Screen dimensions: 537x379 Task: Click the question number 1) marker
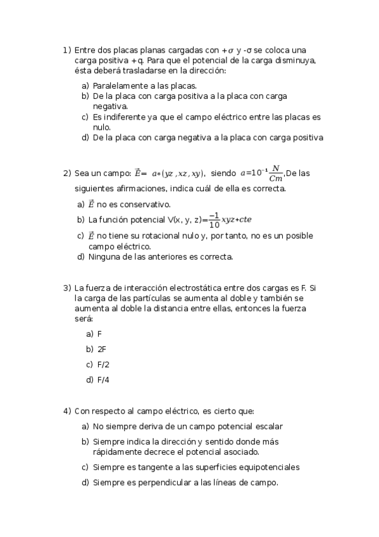coord(66,50)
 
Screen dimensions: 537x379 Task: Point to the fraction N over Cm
coord(275,173)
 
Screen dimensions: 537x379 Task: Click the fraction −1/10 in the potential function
coord(214,220)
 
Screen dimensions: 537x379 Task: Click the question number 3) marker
coord(66,288)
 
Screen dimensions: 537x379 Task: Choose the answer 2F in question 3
coord(101,349)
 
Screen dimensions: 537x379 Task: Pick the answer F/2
coord(103,364)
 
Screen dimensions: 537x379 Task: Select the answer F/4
coord(103,380)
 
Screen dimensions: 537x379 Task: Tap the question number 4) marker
coord(66,411)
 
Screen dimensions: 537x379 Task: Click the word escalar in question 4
coord(268,427)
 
